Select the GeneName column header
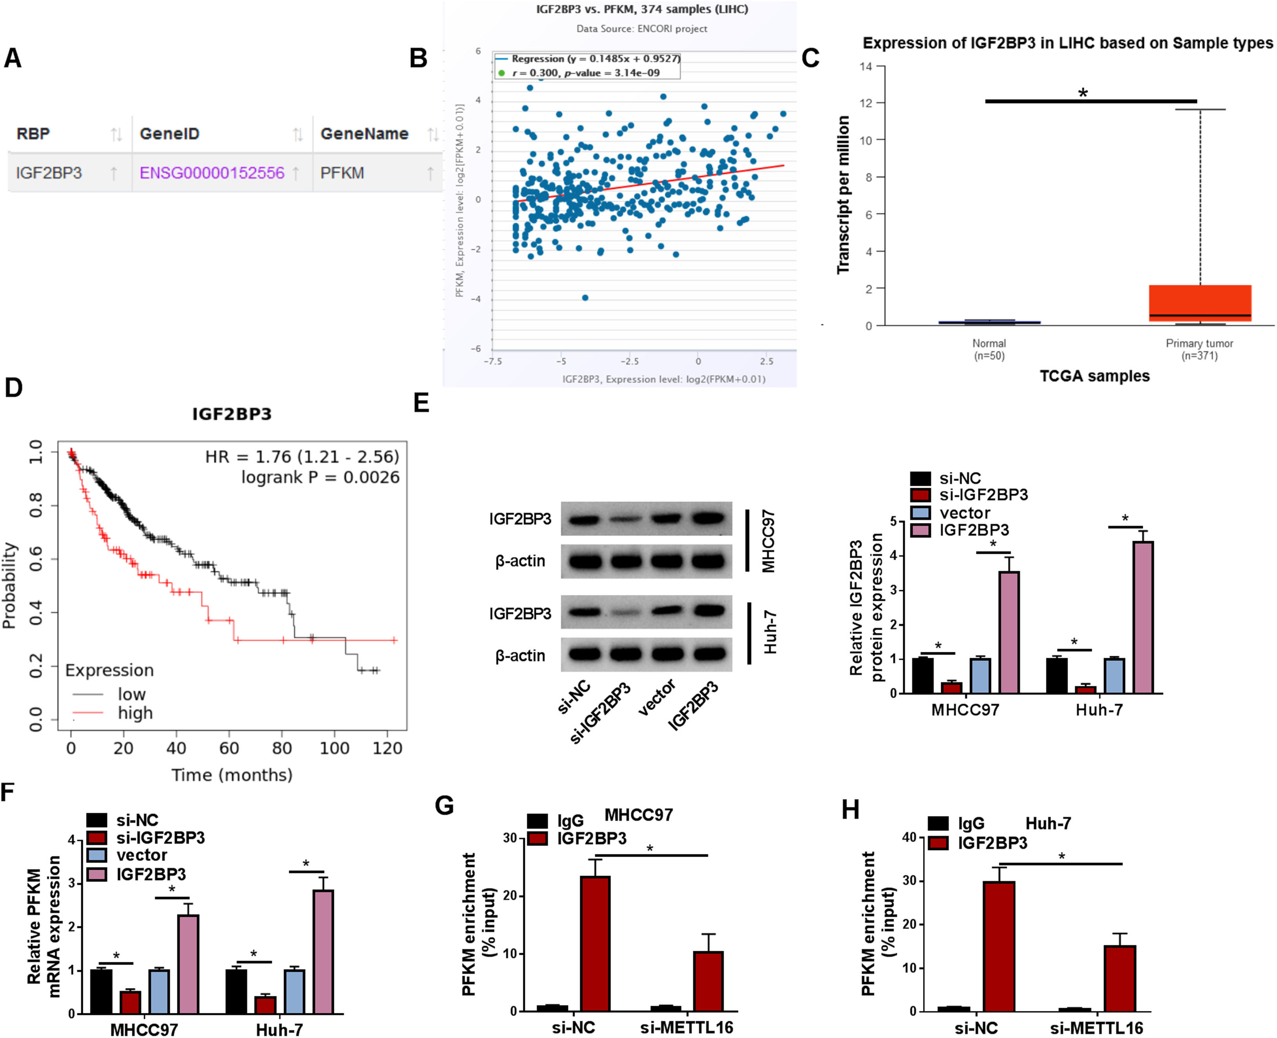tap(364, 134)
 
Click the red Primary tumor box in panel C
tap(1199, 303)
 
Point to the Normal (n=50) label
tap(989, 349)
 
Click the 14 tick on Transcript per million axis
tap(866, 66)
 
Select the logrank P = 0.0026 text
tap(321, 477)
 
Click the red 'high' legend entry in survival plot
tap(135, 713)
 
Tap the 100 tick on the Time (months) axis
tap(334, 748)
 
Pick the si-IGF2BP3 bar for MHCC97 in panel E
tap(951, 687)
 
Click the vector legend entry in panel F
tap(141, 855)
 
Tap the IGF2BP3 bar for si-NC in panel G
tap(596, 943)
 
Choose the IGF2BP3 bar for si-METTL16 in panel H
tap(1120, 979)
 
